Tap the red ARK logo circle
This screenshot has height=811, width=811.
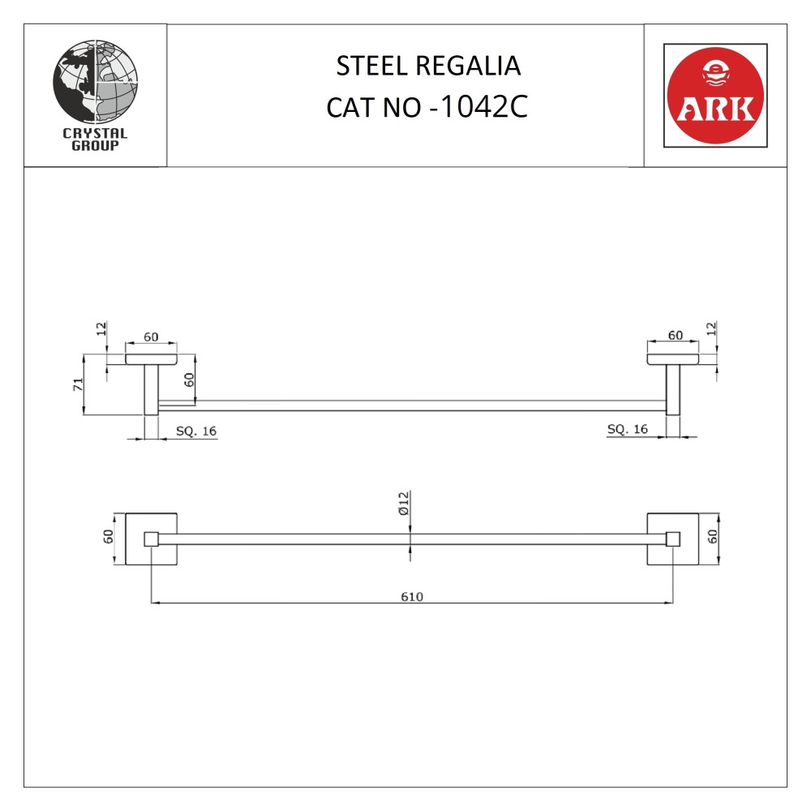(714, 96)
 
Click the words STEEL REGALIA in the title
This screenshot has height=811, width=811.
(428, 66)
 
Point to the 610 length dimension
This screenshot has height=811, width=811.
(412, 596)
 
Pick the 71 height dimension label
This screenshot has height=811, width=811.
(79, 384)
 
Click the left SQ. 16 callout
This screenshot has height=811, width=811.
(196, 431)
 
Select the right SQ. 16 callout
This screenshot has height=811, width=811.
(628, 428)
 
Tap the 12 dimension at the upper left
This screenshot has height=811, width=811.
(101, 329)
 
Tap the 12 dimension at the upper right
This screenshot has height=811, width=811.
(712, 329)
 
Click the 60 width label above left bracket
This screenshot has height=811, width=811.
(151, 336)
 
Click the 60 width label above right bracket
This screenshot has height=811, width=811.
(675, 335)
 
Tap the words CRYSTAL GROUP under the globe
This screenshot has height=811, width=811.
(95, 140)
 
